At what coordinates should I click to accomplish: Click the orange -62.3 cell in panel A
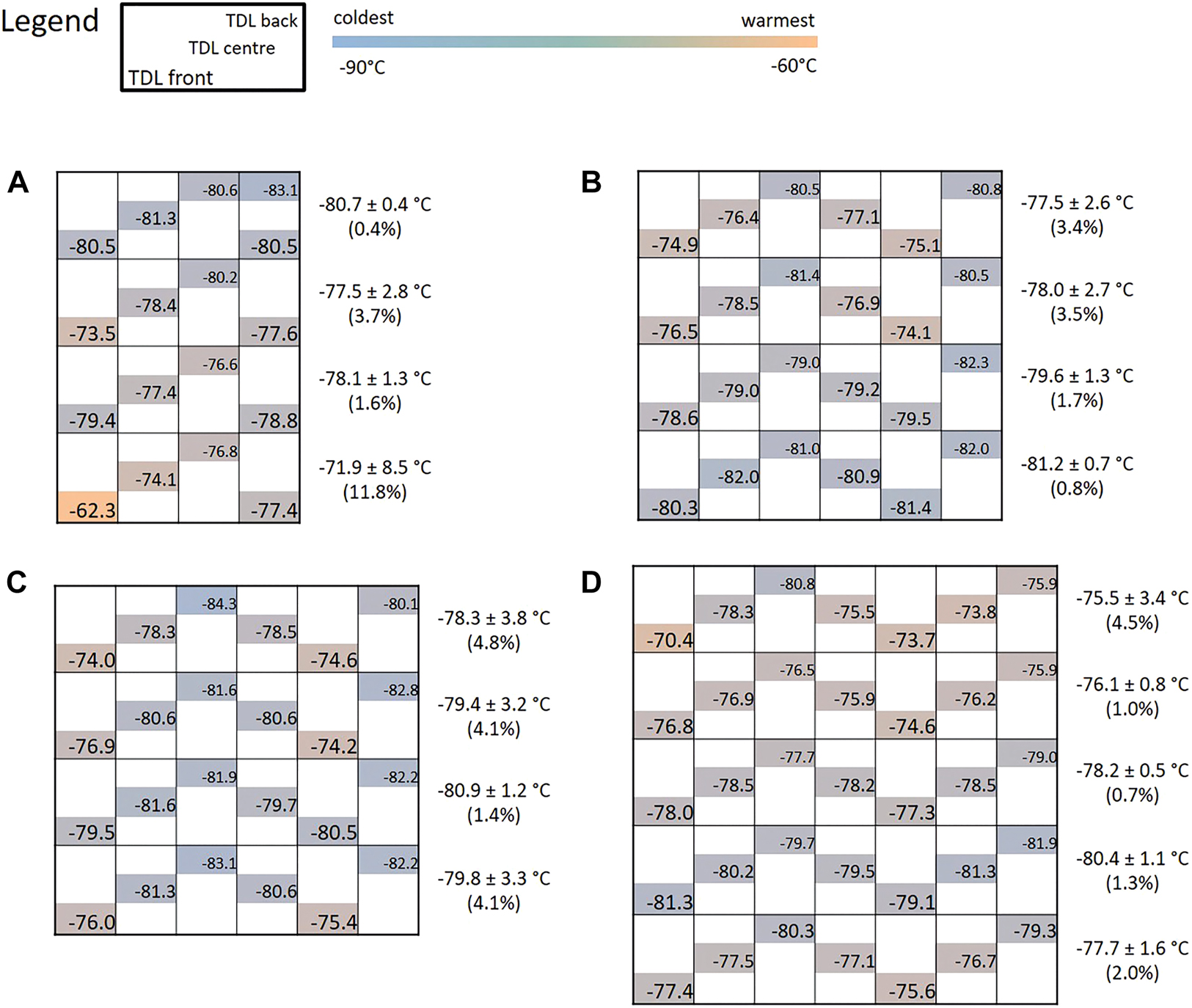point(88,508)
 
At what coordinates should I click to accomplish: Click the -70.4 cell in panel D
point(664,638)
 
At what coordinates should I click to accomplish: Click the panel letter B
point(591,183)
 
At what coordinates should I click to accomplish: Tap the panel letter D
point(591,582)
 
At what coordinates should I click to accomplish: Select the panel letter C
point(17,582)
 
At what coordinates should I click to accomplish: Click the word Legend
point(50,21)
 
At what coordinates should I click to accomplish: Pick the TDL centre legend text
point(232,48)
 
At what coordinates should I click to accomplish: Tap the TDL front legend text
point(171,78)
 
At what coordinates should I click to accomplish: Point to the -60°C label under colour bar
point(793,66)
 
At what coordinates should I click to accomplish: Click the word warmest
point(778,21)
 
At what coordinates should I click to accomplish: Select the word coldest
point(363,18)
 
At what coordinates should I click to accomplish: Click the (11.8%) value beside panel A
point(375,492)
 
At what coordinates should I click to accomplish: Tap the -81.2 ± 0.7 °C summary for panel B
point(1077,464)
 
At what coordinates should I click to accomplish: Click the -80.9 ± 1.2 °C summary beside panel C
point(494,790)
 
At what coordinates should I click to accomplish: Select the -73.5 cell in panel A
point(88,332)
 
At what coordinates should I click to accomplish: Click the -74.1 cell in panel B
point(911,331)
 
